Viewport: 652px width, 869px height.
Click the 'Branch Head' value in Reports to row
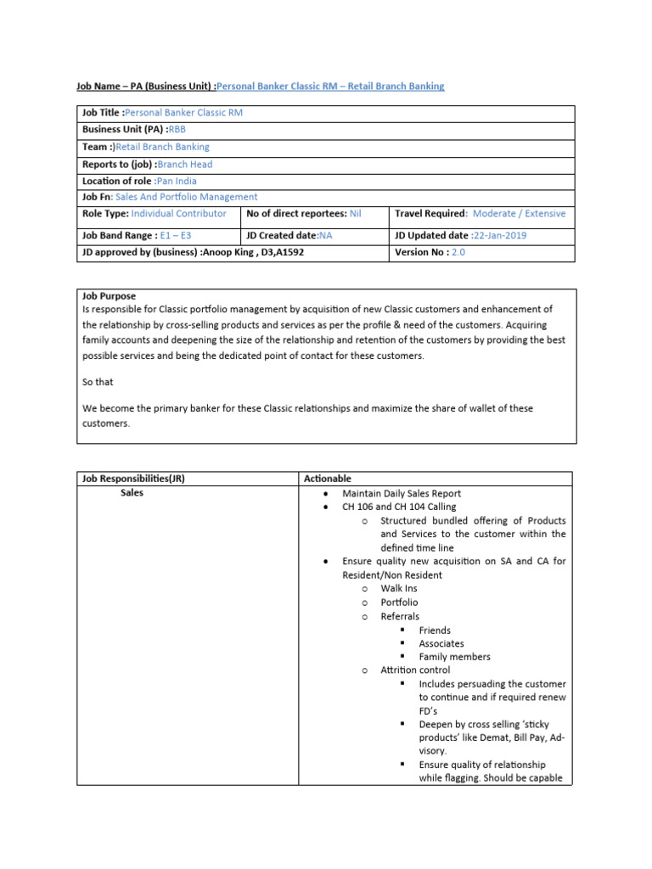tap(185, 165)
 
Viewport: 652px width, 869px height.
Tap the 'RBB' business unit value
tap(177, 130)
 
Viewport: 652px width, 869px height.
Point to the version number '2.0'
tap(458, 252)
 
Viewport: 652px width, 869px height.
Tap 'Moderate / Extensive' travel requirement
tap(519, 214)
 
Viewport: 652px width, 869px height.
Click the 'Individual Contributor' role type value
tap(178, 214)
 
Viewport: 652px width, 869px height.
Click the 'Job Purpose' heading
tap(109, 296)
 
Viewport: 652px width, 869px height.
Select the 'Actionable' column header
tap(327, 479)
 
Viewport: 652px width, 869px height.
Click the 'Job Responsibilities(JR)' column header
tap(133, 479)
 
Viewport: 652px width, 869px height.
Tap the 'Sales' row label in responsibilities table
tap(132, 493)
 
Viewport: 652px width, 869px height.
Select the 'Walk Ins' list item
tap(399, 588)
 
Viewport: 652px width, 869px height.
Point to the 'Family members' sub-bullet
tap(454, 657)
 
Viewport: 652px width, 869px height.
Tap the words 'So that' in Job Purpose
tap(98, 382)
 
